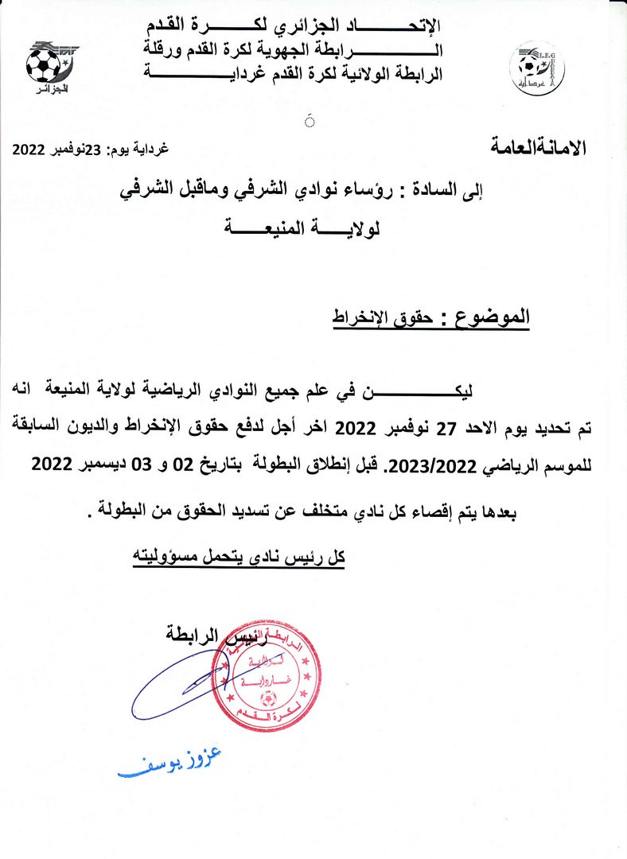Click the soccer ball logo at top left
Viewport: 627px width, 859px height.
44,64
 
